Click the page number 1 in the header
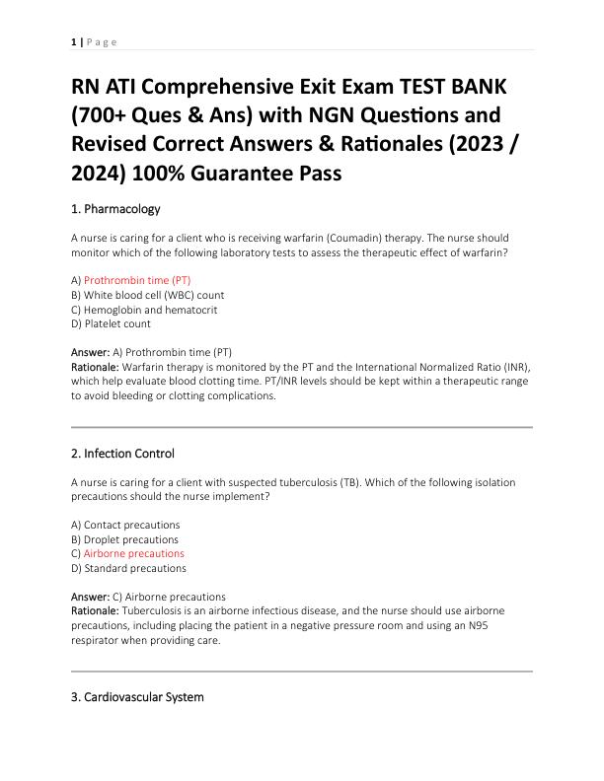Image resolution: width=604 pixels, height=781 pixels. click(74, 41)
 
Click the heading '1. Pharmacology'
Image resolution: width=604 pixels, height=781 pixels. click(115, 209)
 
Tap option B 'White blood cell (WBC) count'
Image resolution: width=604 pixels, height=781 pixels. click(147, 295)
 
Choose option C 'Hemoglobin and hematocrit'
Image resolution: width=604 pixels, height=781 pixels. click(144, 310)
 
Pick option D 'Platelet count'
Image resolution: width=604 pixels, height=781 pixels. click(111, 323)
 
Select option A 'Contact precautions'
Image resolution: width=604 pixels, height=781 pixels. click(125, 526)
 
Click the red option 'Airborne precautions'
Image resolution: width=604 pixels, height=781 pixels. click(133, 554)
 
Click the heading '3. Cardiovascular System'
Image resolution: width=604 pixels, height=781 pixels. click(137, 697)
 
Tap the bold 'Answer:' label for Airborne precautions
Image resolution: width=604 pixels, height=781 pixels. click(90, 597)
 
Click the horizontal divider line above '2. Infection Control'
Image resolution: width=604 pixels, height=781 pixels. click(302, 427)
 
